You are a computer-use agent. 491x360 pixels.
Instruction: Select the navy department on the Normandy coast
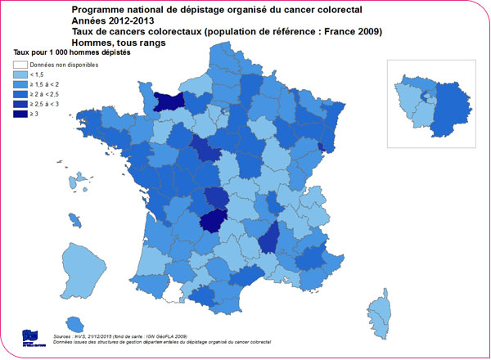coord(170,101)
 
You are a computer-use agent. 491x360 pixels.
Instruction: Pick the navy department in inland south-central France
coord(218,220)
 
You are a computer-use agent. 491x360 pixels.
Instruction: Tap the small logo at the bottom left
coord(31,335)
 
